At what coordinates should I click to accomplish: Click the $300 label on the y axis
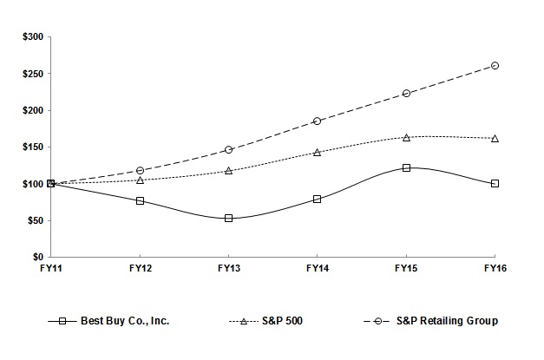[31, 37]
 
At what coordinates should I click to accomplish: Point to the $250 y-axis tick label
[31, 74]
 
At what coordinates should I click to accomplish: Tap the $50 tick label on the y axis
[34, 220]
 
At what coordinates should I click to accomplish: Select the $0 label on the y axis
[37, 258]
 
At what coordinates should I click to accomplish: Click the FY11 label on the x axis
[51, 269]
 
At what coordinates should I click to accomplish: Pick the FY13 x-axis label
[228, 269]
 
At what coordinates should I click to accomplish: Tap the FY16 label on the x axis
[495, 269]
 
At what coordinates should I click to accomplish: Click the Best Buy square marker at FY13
[228, 218]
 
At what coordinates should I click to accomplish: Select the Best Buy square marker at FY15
[406, 167]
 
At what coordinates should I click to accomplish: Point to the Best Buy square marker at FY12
[140, 200]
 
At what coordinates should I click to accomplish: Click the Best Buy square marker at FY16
[495, 183]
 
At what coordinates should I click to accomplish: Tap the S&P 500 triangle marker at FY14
[317, 152]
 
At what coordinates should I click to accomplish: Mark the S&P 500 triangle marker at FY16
[495, 138]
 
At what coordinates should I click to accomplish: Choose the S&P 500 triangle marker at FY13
[228, 170]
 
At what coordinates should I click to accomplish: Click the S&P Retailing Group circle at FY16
[495, 65]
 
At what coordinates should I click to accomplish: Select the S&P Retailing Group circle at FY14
[317, 121]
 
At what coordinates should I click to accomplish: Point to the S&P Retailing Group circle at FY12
[140, 170]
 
